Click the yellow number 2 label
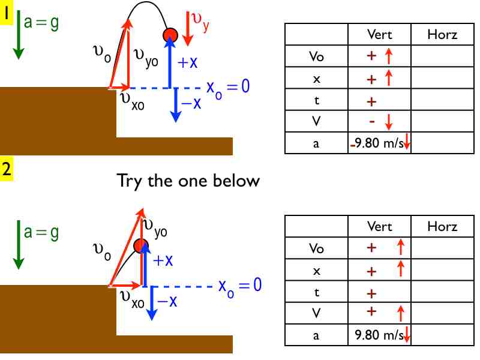(x=7, y=169)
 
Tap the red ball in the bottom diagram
(x=141, y=245)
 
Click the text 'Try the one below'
(x=188, y=180)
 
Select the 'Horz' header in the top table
(x=442, y=34)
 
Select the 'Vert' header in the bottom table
(x=379, y=226)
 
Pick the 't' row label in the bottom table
(x=316, y=293)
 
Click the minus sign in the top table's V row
(x=371, y=122)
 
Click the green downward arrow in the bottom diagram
(x=18, y=246)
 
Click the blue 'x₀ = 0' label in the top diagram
(x=227, y=87)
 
